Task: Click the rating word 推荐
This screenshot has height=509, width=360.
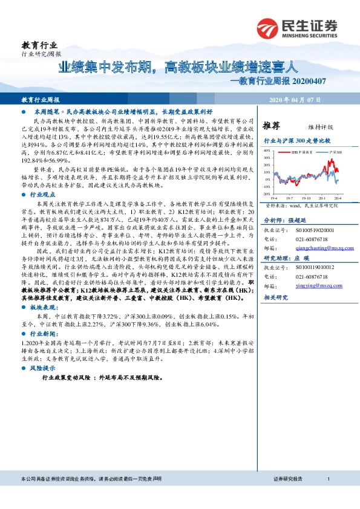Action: click(x=272, y=126)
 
